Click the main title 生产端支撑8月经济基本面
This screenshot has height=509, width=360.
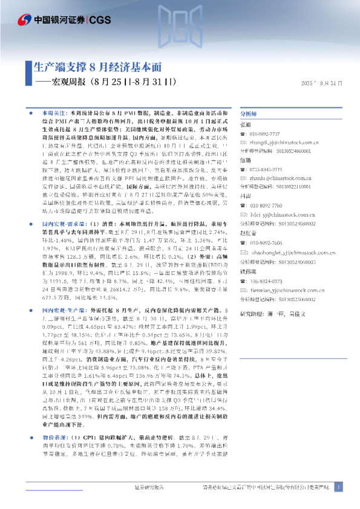[x=97, y=66]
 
